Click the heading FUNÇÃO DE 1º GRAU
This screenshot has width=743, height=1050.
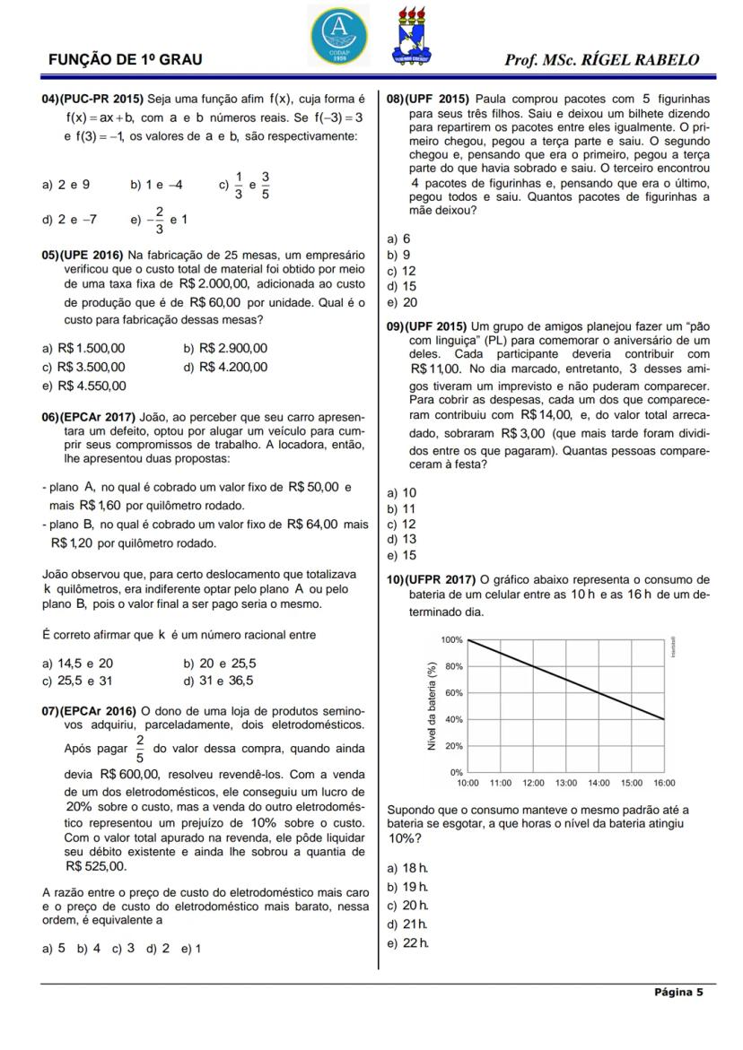(x=125, y=60)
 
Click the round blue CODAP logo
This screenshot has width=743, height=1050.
(x=338, y=33)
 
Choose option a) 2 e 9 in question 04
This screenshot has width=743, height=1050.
(x=66, y=185)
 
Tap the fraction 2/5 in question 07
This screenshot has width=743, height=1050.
(x=139, y=747)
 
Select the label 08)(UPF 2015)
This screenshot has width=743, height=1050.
(x=427, y=99)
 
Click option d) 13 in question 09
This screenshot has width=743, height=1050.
(x=401, y=539)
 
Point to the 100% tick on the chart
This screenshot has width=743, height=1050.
(x=451, y=640)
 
